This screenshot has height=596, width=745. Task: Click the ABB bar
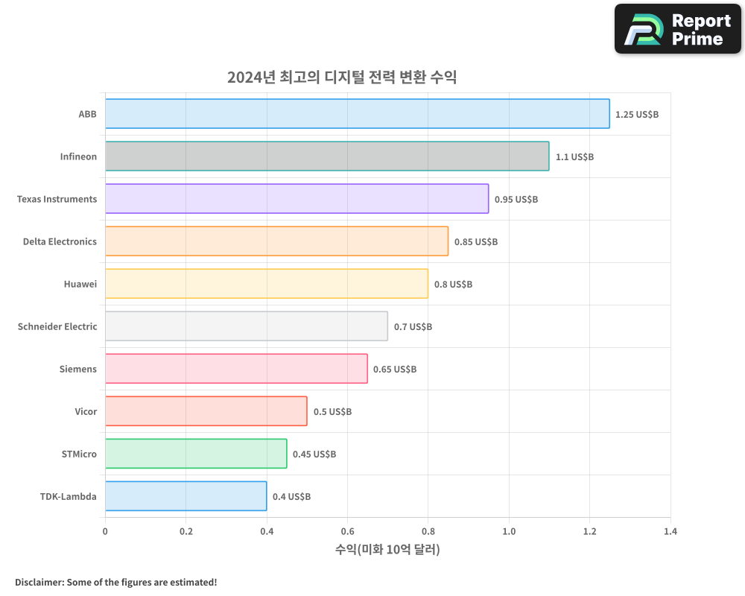pyautogui.click(x=357, y=114)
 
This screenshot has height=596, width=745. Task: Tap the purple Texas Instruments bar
pyautogui.click(x=297, y=199)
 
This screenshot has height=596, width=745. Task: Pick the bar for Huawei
pyautogui.click(x=266, y=284)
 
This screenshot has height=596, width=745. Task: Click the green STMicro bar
pyautogui.click(x=195, y=454)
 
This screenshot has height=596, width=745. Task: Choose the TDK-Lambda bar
pyautogui.click(x=186, y=496)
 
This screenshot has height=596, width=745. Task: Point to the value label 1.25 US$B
pyautogui.click(x=636, y=115)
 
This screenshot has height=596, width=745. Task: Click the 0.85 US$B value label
pyautogui.click(x=475, y=242)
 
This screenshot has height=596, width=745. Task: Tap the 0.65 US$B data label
pyautogui.click(x=394, y=370)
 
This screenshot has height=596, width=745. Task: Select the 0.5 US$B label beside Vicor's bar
pyautogui.click(x=332, y=412)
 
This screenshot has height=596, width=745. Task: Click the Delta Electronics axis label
pyautogui.click(x=60, y=241)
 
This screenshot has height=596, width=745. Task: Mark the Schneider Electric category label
pyautogui.click(x=57, y=326)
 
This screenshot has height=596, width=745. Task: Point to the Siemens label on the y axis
pyautogui.click(x=78, y=369)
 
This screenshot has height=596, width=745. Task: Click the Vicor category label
pyautogui.click(x=86, y=411)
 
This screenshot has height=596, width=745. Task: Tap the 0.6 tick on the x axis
pyautogui.click(x=347, y=532)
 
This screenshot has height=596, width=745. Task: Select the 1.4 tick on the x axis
pyautogui.click(x=670, y=532)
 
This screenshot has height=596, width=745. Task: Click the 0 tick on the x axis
pyautogui.click(x=105, y=532)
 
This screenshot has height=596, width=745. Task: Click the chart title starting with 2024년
pyautogui.click(x=342, y=77)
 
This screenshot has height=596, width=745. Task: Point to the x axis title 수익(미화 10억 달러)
pyautogui.click(x=387, y=550)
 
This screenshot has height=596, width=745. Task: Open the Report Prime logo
pyautogui.click(x=678, y=29)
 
